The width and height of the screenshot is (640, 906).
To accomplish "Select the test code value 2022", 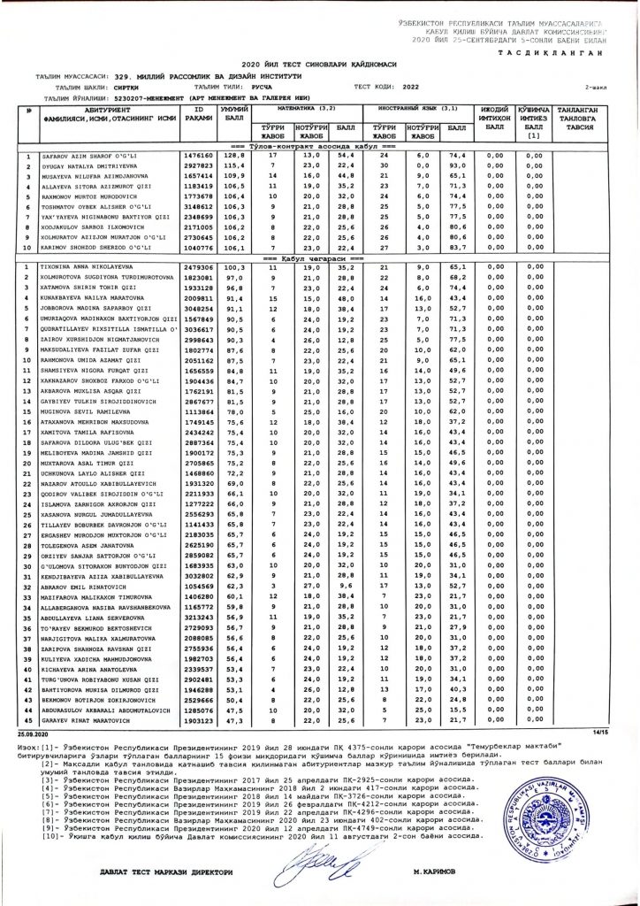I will click(x=413, y=88).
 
